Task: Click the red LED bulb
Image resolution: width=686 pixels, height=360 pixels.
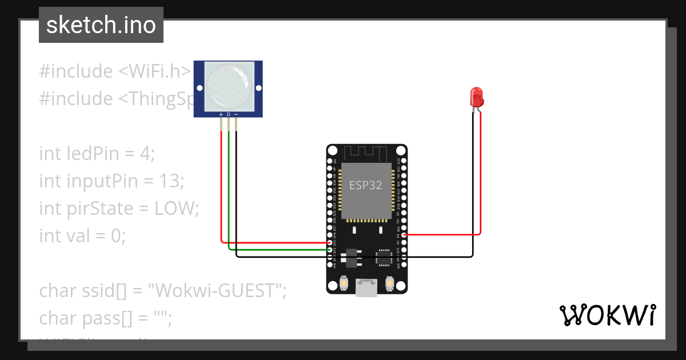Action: pyautogui.click(x=476, y=97)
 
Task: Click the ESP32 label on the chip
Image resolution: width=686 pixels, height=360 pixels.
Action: pyautogui.click(x=366, y=186)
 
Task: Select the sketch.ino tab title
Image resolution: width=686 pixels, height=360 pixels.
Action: pyautogui.click(x=101, y=25)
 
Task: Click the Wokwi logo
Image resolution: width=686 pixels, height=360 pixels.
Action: pyautogui.click(x=607, y=315)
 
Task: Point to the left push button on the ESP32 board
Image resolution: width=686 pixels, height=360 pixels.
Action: pyautogui.click(x=345, y=283)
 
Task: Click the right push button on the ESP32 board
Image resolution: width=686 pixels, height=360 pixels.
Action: pyautogui.click(x=390, y=283)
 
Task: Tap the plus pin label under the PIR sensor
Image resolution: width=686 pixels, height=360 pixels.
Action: pyautogui.click(x=221, y=114)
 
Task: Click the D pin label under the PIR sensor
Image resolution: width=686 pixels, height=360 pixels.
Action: pyautogui.click(x=229, y=114)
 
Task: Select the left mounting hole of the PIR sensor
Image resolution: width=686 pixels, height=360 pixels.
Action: pyautogui.click(x=199, y=88)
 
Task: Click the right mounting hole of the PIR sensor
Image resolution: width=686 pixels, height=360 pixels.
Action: pyautogui.click(x=258, y=88)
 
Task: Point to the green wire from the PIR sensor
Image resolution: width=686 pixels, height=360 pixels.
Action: pyautogui.click(x=229, y=189)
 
